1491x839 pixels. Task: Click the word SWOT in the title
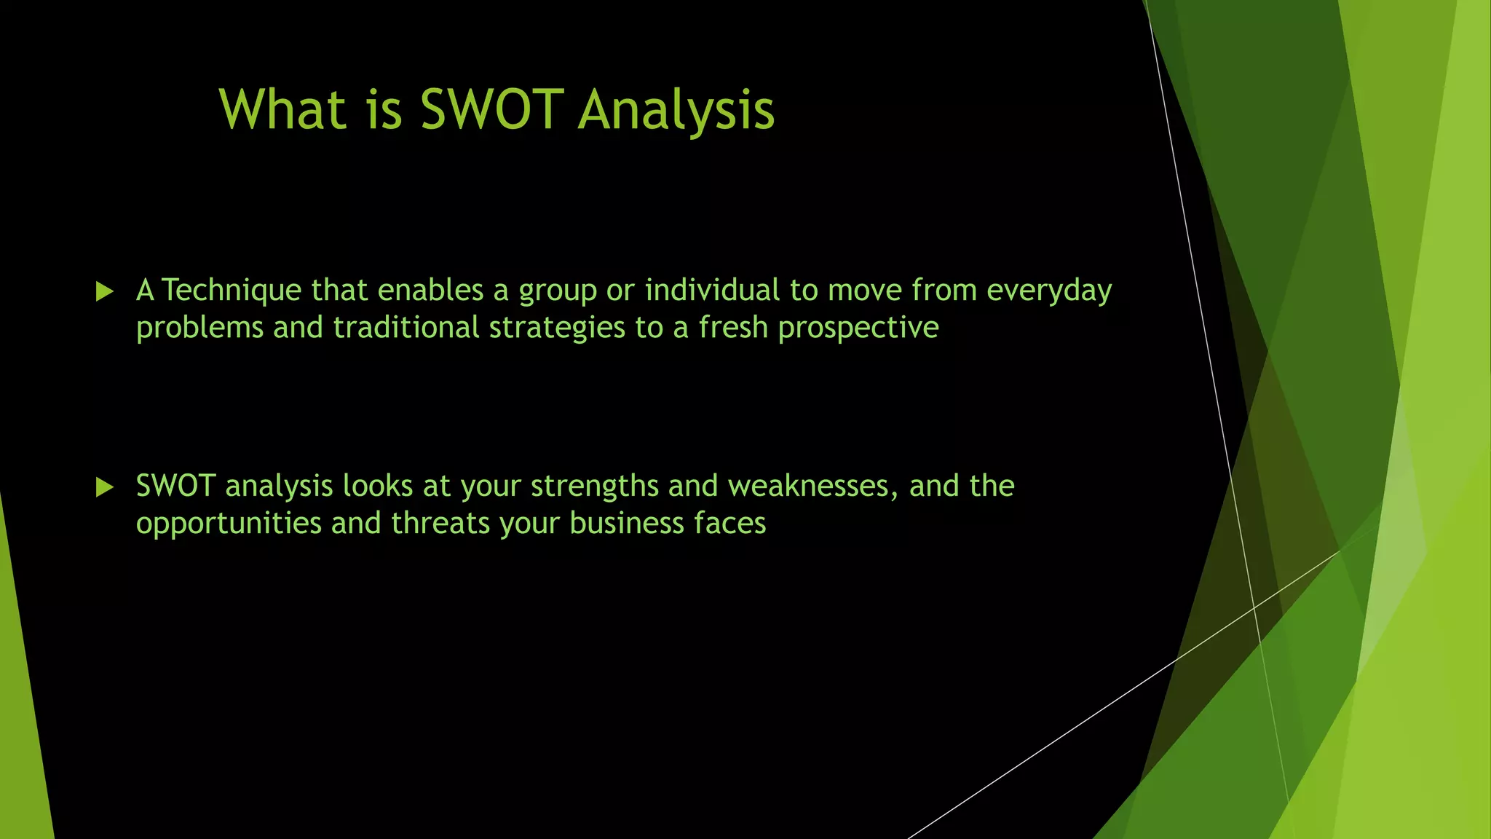tap(492, 110)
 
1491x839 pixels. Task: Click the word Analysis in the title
tap(676, 110)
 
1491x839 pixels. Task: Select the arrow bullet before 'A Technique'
tap(105, 292)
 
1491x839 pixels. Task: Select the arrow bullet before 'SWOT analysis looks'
tap(105, 487)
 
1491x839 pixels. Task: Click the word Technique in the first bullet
tap(232, 290)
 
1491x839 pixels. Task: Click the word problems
tap(199, 328)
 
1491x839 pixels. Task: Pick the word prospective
tap(858, 328)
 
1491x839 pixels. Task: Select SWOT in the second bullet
tap(175, 486)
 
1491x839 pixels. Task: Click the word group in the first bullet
tap(557, 291)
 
